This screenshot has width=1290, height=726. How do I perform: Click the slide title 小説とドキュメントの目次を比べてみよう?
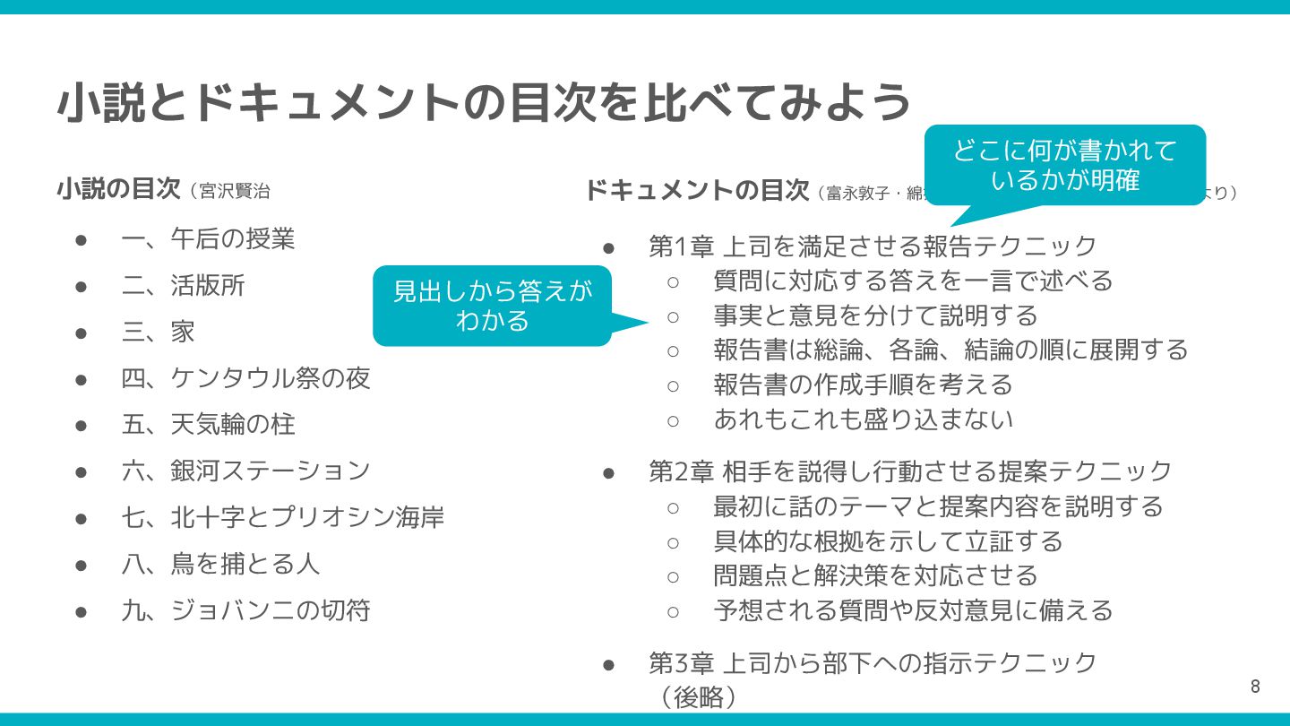(484, 101)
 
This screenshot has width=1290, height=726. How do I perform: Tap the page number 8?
(1255, 687)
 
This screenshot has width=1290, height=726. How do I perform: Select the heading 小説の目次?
(118, 190)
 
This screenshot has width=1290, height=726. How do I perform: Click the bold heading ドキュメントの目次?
(697, 190)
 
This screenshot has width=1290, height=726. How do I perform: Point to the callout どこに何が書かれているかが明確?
(1065, 165)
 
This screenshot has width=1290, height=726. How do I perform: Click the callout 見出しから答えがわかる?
(493, 306)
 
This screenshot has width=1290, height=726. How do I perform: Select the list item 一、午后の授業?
(208, 239)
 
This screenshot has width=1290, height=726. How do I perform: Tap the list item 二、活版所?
(183, 286)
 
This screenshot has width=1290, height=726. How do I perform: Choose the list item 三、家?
(159, 332)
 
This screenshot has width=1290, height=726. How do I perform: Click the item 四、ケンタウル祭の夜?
(245, 378)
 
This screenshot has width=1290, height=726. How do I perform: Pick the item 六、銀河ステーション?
(245, 470)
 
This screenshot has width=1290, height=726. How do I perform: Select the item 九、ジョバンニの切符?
(245, 610)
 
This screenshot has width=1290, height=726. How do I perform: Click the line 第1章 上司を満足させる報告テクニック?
(873, 246)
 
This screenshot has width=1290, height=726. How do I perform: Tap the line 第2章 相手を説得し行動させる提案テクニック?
(910, 471)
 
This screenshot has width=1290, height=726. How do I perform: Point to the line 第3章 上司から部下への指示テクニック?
(873, 662)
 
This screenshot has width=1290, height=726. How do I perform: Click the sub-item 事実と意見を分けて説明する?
(875, 315)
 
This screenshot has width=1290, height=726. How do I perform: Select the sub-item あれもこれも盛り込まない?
(863, 419)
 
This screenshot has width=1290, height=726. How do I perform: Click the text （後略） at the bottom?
(698, 696)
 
